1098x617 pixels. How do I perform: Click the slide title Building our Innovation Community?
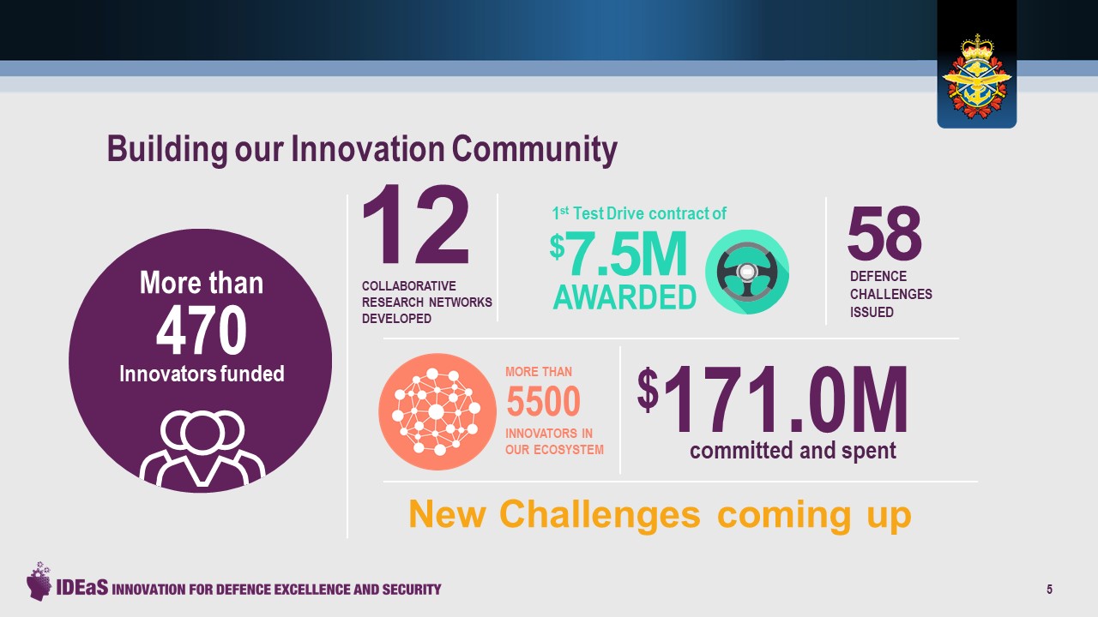click(362, 149)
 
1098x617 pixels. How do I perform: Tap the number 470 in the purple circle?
click(202, 332)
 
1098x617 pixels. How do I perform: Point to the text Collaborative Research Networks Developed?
click(426, 302)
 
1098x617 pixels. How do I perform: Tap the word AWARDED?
click(624, 297)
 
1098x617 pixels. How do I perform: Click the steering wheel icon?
click(746, 272)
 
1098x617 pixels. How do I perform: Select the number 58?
click(884, 234)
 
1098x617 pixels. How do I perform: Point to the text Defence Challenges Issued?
click(890, 294)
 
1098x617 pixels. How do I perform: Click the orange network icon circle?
click(437, 411)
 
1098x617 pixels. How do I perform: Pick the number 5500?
click(543, 401)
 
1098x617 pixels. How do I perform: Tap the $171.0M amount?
click(772, 401)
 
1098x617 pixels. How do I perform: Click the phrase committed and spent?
click(793, 450)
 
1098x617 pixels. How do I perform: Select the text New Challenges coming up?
click(659, 514)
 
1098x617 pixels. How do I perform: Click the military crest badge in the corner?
click(976, 77)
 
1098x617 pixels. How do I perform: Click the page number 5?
click(1049, 589)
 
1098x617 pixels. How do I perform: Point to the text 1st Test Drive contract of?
click(638, 213)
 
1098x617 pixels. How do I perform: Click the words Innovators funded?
click(202, 374)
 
